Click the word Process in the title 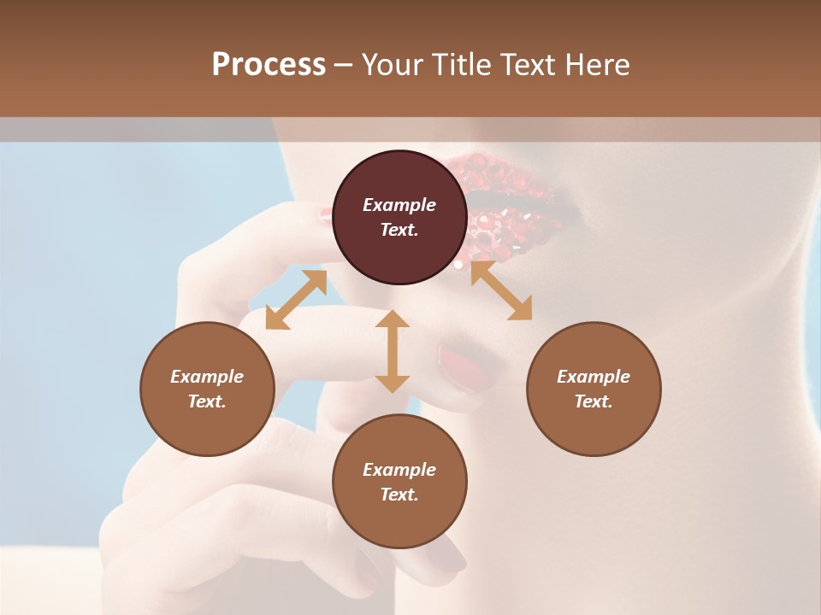click(x=269, y=65)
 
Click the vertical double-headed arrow click(x=393, y=351)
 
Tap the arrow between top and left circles click(x=296, y=300)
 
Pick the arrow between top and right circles click(x=501, y=290)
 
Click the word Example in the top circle click(x=399, y=205)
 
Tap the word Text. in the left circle click(x=207, y=401)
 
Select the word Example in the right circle click(x=594, y=377)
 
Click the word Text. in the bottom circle click(x=399, y=495)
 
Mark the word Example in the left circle click(x=207, y=377)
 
